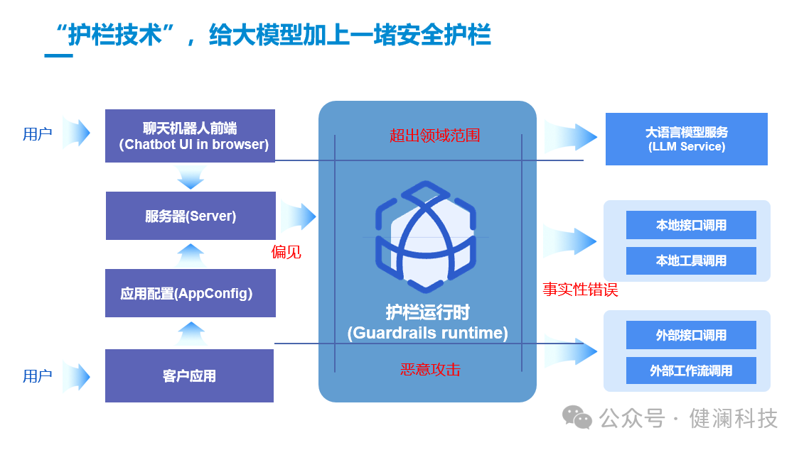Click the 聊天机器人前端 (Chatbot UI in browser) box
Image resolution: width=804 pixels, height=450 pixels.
190,136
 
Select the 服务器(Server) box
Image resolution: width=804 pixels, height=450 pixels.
191,216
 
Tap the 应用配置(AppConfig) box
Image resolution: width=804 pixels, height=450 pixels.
190,293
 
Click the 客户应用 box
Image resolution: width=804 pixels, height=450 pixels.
189,375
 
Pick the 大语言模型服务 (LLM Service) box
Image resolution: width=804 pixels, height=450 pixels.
686,139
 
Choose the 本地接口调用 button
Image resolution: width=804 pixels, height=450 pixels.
691,225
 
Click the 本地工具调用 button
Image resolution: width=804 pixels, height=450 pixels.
691,260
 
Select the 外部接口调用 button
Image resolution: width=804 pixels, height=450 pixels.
691,335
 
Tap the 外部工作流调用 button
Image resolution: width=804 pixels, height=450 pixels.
691,371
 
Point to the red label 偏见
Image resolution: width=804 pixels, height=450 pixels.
286,252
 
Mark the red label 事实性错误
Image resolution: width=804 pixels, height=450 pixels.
580,290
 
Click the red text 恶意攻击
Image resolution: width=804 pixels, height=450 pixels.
430,370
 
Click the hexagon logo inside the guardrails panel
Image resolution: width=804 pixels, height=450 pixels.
424,236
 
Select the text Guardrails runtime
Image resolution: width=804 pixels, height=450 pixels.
427,333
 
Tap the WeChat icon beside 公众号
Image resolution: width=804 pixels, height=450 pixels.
577,418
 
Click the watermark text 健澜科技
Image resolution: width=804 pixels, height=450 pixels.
734,418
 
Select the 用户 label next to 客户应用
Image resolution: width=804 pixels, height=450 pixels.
37,376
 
